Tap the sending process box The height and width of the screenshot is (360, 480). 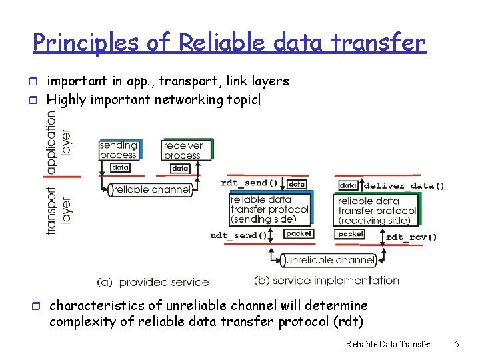pyautogui.click(x=118, y=150)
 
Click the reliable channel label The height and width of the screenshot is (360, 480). pyautogui.click(x=151, y=190)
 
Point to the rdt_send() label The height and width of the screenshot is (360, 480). pyautogui.click(x=249, y=183)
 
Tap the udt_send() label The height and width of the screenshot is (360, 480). pyautogui.click(x=238, y=235)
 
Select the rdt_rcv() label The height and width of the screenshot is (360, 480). pyautogui.click(x=411, y=236)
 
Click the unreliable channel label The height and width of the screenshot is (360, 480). pyautogui.click(x=327, y=259)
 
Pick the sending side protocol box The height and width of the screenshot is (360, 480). pyautogui.click(x=269, y=209)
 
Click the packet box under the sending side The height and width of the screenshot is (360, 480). pyautogui.click(x=298, y=233)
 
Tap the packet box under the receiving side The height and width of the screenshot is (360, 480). pyautogui.click(x=351, y=234)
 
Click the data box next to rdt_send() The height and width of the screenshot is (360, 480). pyautogui.click(x=297, y=183)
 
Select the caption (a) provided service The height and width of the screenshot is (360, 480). pyautogui.click(x=153, y=283)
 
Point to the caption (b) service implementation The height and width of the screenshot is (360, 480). pyautogui.click(x=327, y=281)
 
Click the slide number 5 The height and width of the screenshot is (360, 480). pyautogui.click(x=457, y=344)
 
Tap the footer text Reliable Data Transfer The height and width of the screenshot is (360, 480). pyautogui.click(x=388, y=344)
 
